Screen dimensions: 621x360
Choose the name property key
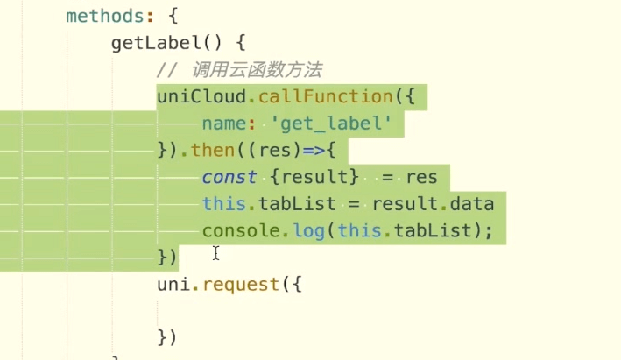click(x=223, y=124)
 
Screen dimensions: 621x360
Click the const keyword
click(x=229, y=177)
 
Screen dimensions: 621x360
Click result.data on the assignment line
click(x=433, y=204)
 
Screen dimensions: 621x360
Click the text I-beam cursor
click(x=215, y=254)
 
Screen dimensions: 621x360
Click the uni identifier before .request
click(x=173, y=285)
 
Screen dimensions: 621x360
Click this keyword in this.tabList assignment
click(x=223, y=204)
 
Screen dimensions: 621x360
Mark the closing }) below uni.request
click(x=167, y=337)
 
